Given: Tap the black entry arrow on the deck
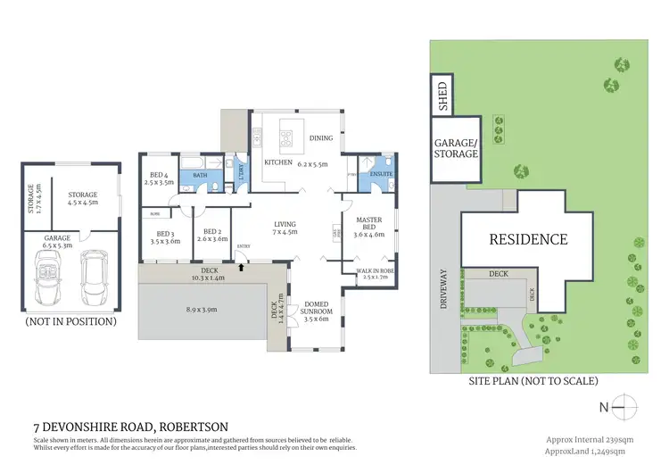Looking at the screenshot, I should point(243,265).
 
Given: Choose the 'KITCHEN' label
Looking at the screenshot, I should point(272,162).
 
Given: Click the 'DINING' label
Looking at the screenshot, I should point(320,137).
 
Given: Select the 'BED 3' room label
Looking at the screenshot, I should point(166,236).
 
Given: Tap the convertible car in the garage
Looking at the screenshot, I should point(48,269).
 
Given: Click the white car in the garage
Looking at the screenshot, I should point(94,269).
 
